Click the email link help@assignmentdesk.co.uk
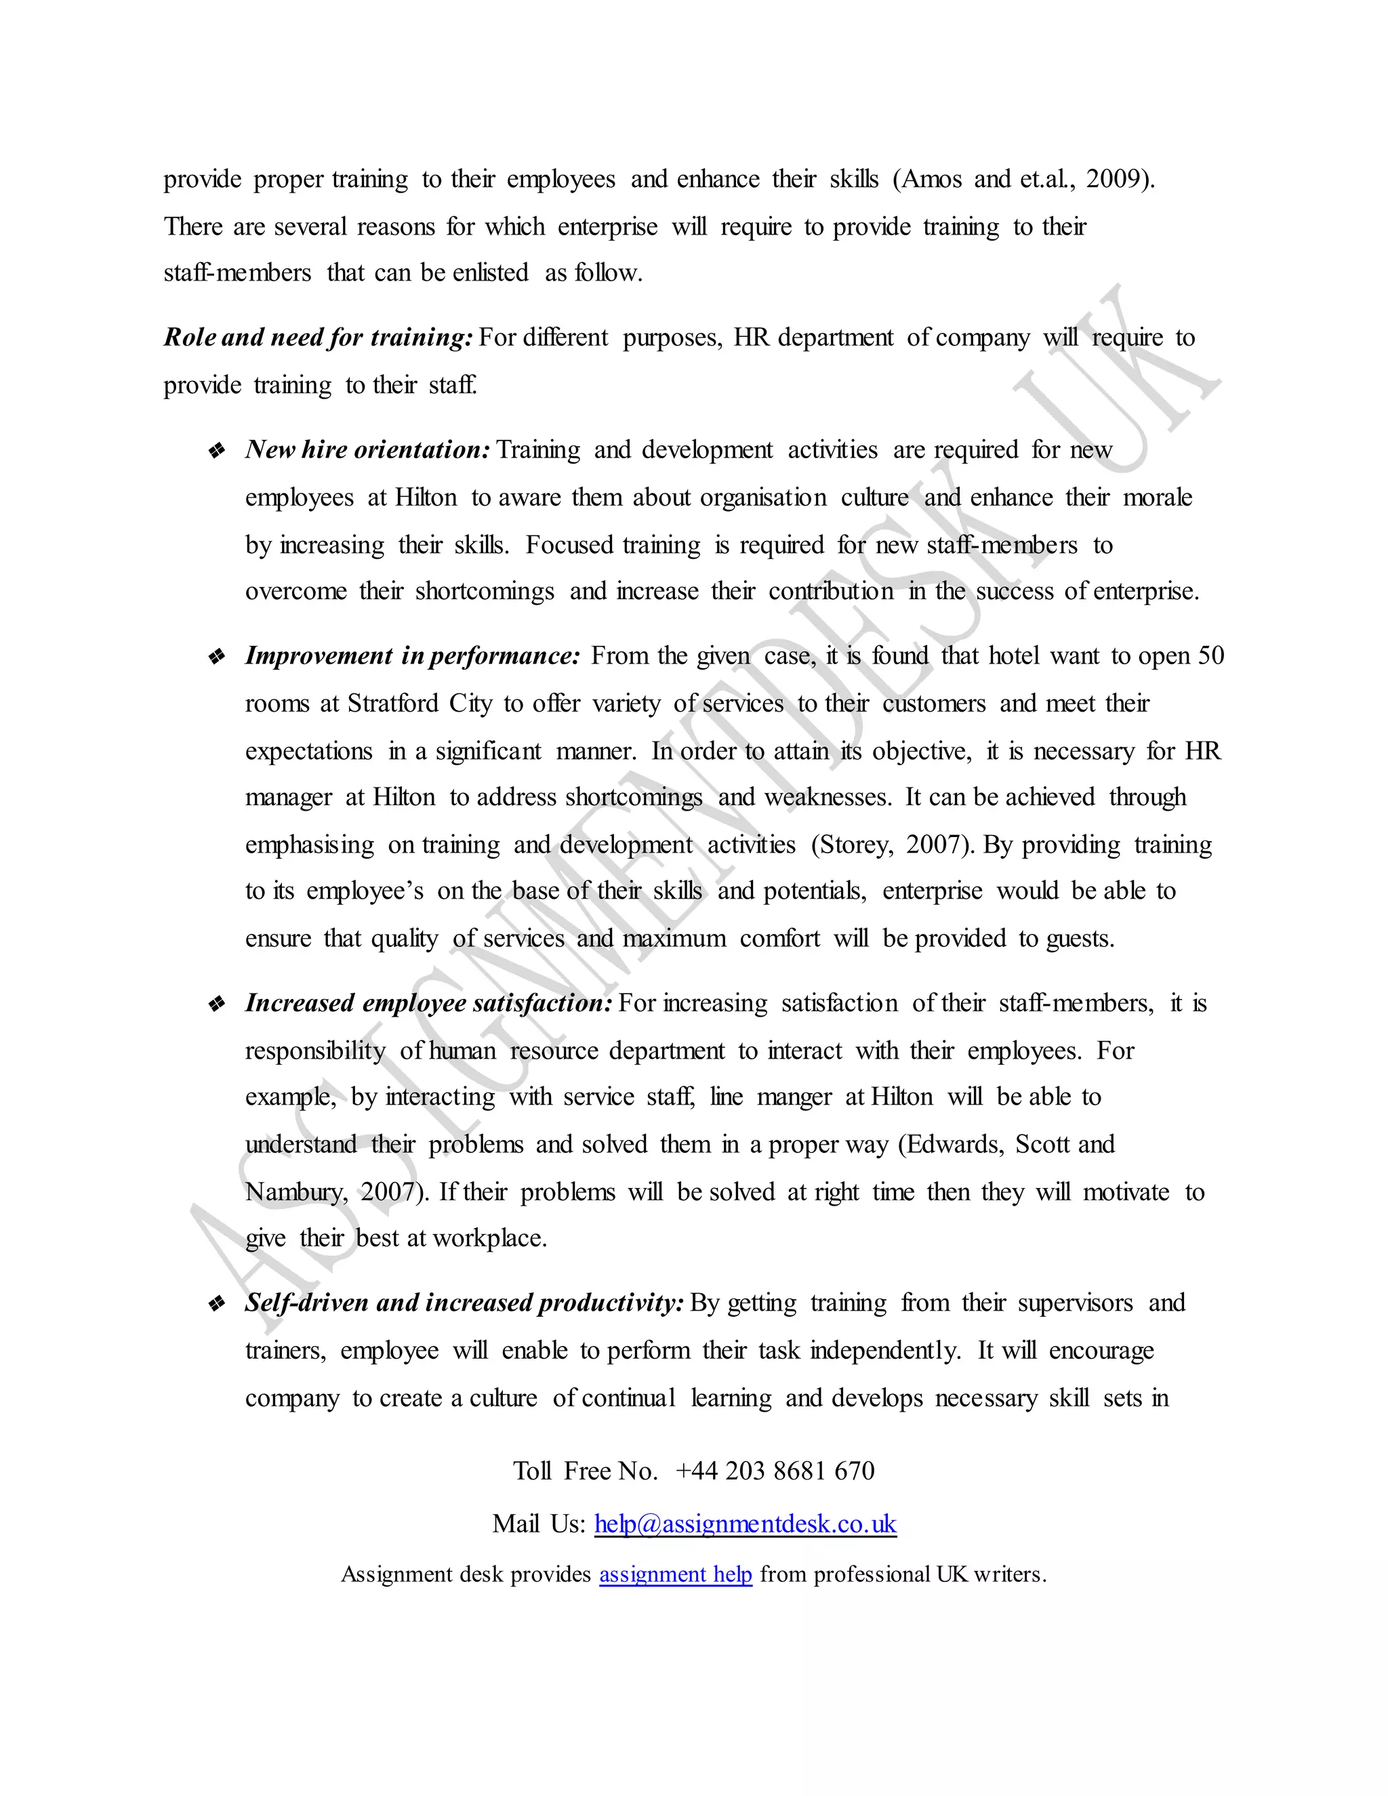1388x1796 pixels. tap(745, 1524)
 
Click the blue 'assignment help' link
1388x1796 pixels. tap(675, 1574)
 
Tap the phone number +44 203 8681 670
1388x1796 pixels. tap(775, 1471)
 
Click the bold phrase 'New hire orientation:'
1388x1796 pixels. tap(367, 450)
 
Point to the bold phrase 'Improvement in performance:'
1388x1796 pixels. tap(413, 655)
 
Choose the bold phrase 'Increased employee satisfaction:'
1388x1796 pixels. tap(428, 1003)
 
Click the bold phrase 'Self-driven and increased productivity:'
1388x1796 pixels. tap(464, 1303)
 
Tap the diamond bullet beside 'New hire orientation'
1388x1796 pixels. tap(217, 451)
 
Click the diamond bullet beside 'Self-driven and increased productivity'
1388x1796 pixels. tap(217, 1303)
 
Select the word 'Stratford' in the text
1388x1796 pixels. tap(393, 703)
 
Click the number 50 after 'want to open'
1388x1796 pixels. tap(1210, 655)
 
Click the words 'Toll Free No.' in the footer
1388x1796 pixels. tap(586, 1471)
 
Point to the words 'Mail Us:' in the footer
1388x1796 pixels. tap(539, 1524)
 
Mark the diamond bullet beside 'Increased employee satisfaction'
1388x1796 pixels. tap(217, 1004)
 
